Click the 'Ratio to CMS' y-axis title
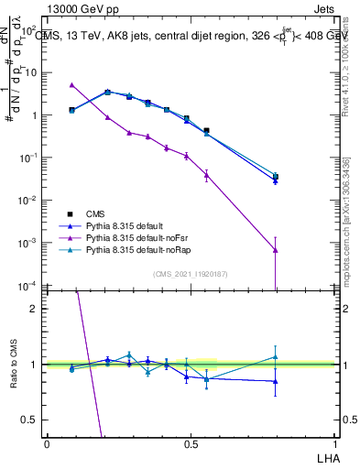point(13,364)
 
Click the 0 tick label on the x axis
point(47,444)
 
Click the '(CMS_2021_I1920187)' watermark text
point(190,272)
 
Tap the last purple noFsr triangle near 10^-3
point(276,250)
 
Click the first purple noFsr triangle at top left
point(71,85)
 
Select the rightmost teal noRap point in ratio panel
point(276,357)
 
